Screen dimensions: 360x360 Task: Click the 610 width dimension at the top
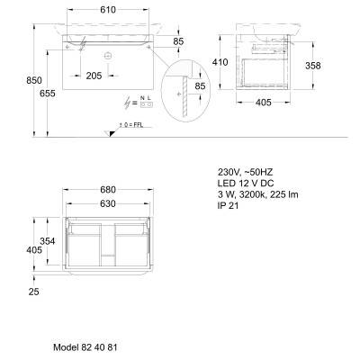click(x=108, y=10)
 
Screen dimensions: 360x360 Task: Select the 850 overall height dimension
click(x=34, y=80)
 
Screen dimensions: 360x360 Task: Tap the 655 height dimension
click(x=48, y=94)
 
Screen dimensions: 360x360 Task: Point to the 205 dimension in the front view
click(x=94, y=76)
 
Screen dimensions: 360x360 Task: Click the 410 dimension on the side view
click(x=220, y=62)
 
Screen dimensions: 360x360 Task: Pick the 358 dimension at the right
click(x=313, y=66)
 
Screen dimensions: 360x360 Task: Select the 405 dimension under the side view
click(x=264, y=103)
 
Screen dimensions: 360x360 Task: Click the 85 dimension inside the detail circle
click(x=200, y=86)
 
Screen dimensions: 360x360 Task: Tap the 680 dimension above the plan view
click(x=108, y=190)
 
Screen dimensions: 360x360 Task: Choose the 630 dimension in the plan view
click(x=108, y=203)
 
